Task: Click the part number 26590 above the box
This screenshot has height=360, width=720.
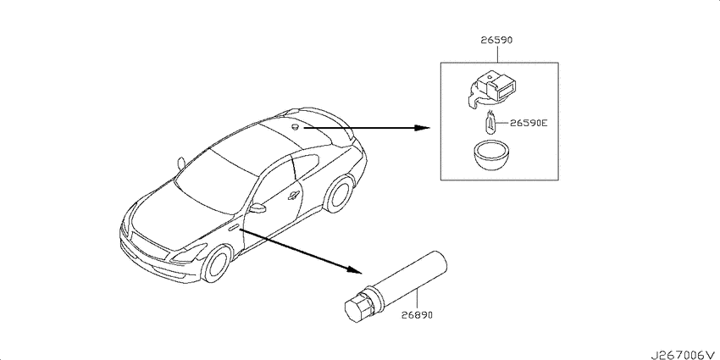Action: click(496, 40)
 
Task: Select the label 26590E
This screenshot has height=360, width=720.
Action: click(529, 123)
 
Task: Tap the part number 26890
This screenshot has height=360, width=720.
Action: click(417, 315)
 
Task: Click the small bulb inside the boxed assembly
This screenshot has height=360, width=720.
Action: click(490, 122)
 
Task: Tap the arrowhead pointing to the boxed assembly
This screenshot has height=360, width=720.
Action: click(422, 127)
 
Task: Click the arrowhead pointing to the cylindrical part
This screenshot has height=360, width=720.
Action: click(354, 269)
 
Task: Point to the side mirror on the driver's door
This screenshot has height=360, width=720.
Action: click(258, 208)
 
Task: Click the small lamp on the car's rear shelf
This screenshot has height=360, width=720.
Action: click(295, 126)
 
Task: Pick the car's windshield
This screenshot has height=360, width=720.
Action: click(216, 180)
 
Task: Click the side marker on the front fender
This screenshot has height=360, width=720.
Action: click(233, 226)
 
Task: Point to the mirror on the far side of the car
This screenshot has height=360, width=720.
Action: click(181, 163)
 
